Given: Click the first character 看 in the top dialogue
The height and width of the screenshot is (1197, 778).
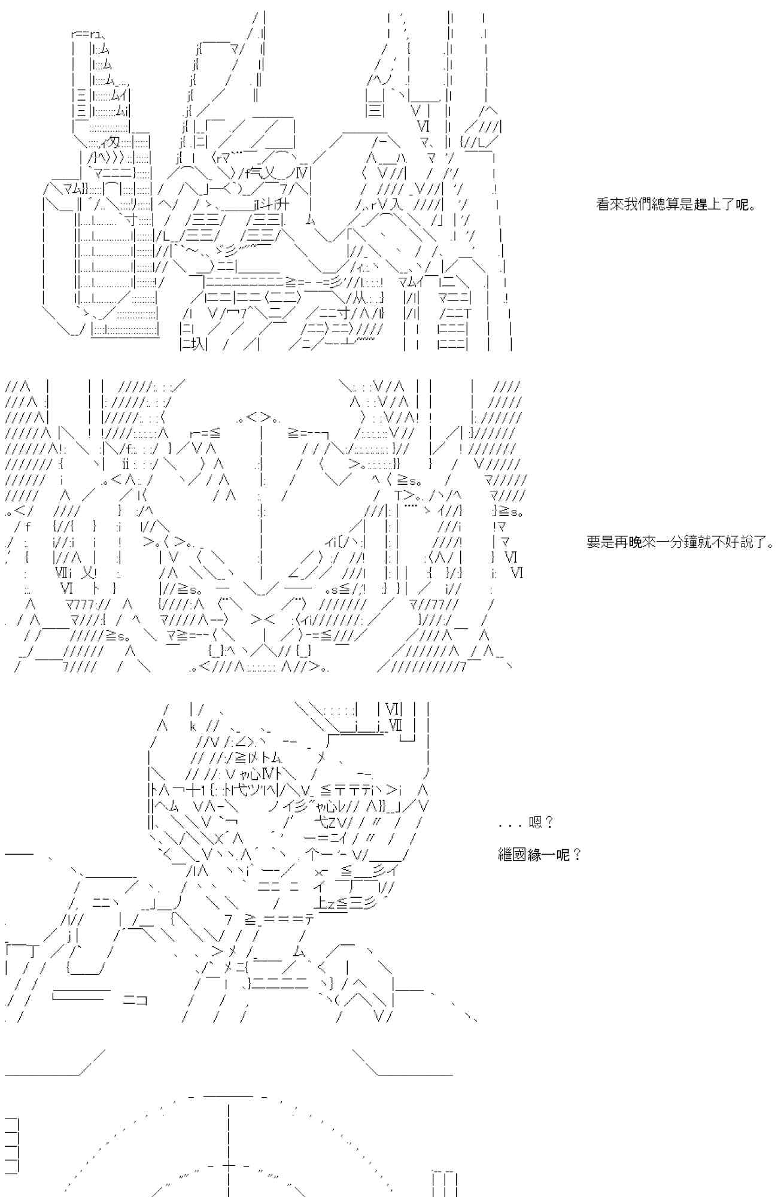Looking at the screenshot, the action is pyautogui.click(x=603, y=205).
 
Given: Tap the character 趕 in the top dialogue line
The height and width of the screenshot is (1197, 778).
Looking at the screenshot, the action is pyautogui.click(x=701, y=205).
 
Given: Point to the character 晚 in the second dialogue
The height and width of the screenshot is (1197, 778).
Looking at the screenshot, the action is pyautogui.click(x=635, y=542).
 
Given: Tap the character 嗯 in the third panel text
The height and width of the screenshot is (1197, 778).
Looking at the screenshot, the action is pyautogui.click(x=536, y=823).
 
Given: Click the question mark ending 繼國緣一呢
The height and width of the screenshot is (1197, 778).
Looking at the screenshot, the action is pyautogui.click(x=577, y=855).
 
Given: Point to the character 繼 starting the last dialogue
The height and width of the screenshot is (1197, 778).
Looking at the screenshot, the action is pyautogui.click(x=505, y=855).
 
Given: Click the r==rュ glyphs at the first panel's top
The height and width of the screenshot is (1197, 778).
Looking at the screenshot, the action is pyautogui.click(x=86, y=34).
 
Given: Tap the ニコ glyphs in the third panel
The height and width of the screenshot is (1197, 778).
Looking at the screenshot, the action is pyautogui.click(x=135, y=999).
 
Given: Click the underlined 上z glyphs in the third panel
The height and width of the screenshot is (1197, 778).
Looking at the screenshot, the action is pyautogui.click(x=327, y=904).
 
